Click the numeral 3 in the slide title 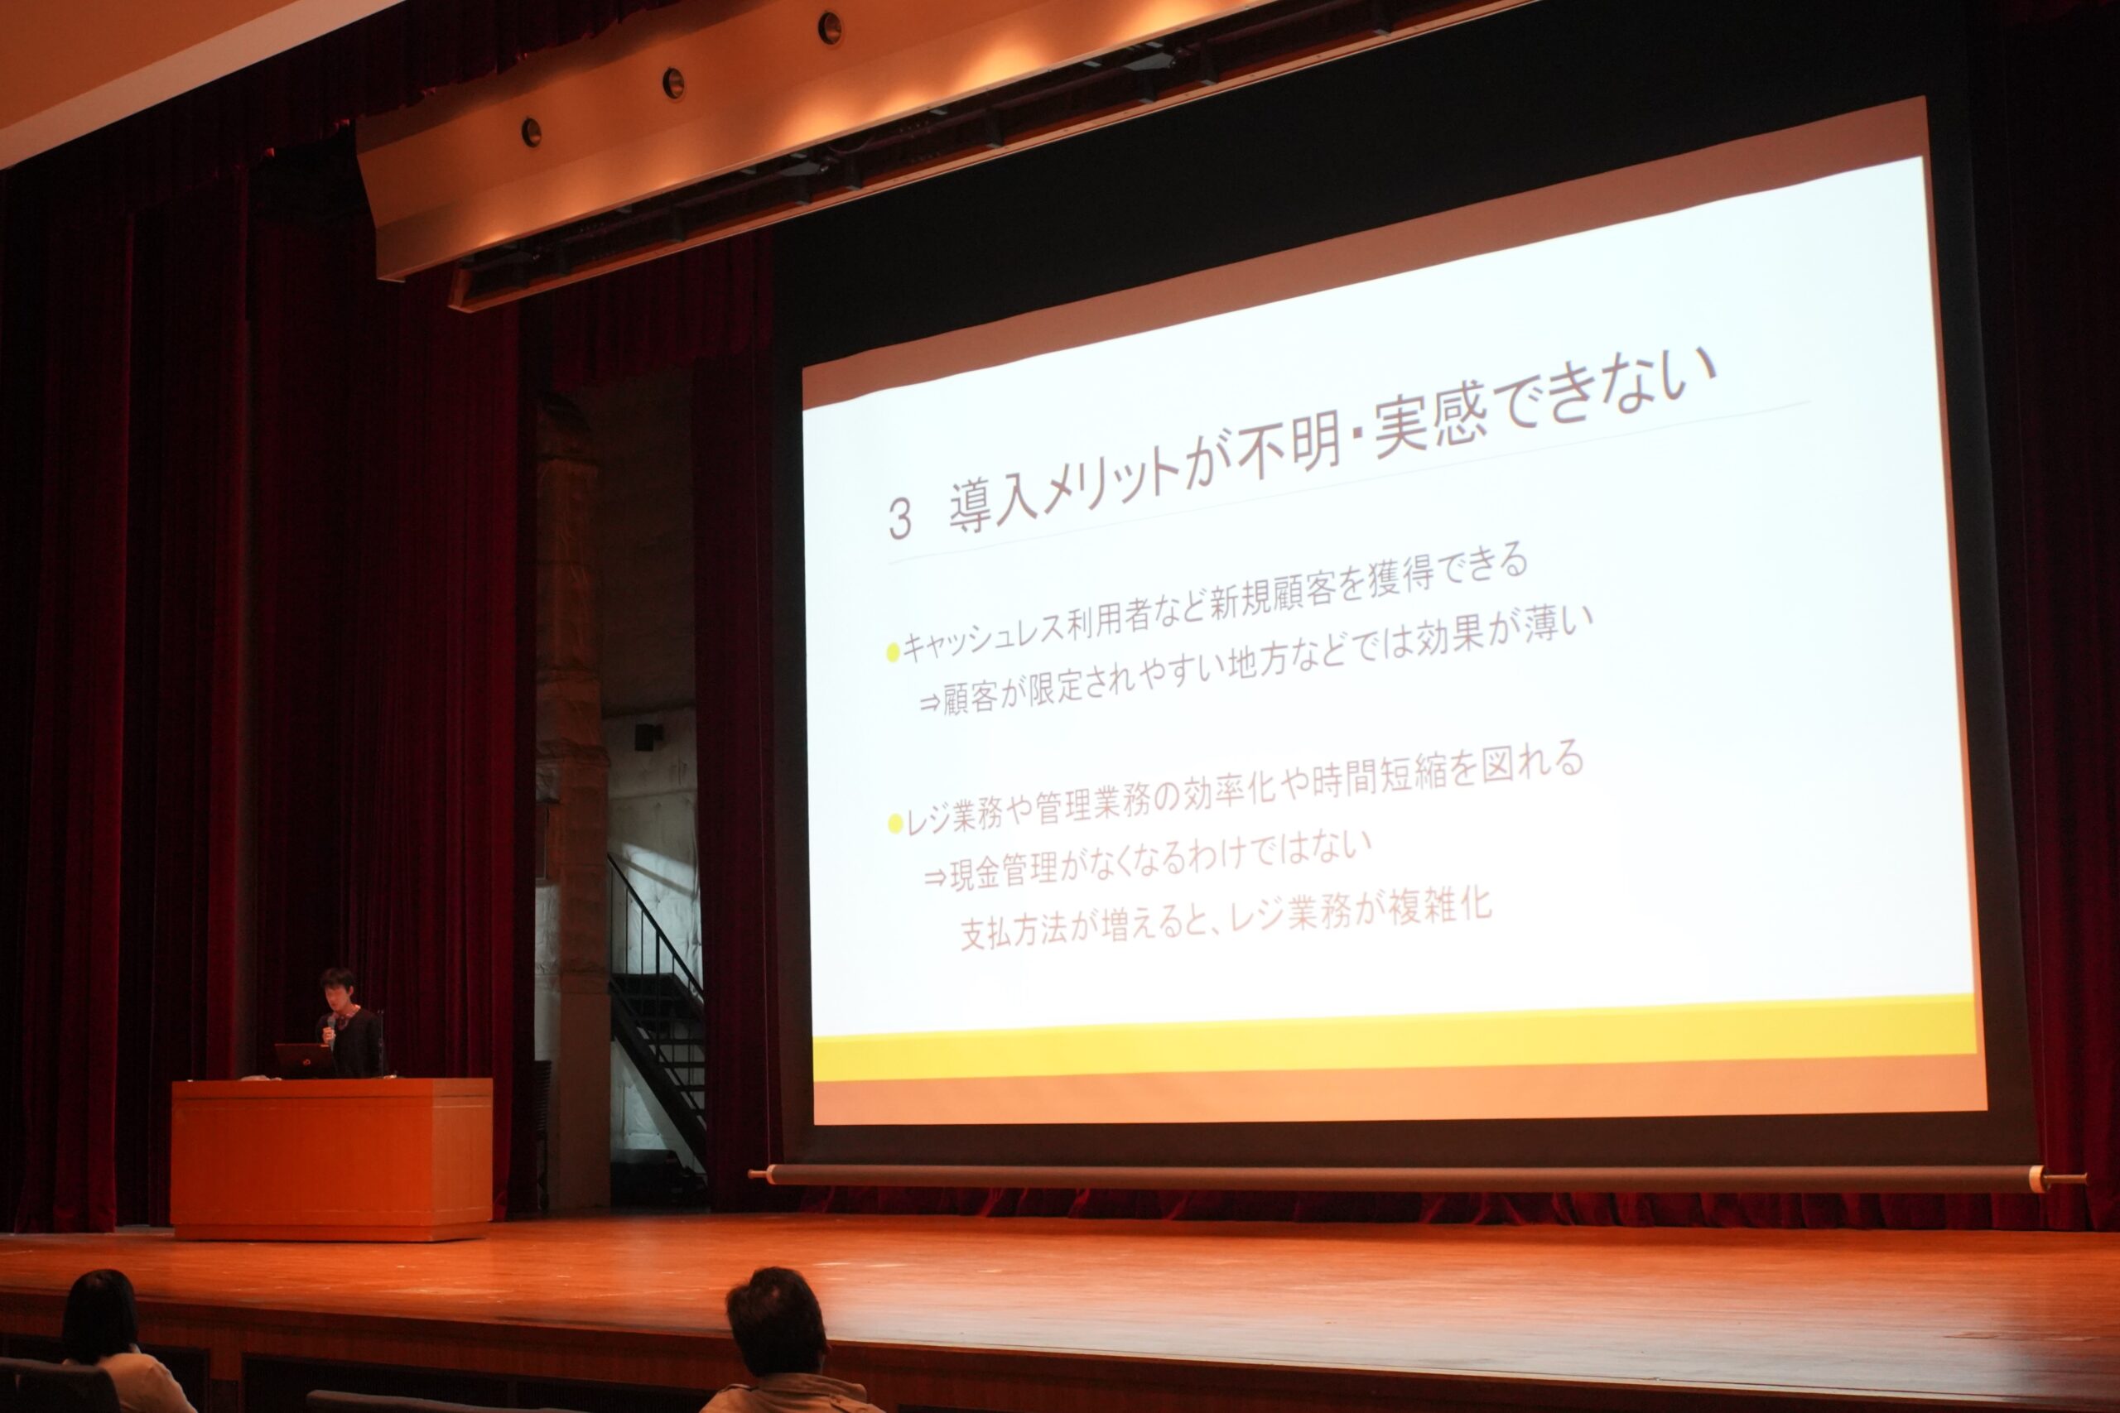pyautogui.click(x=900, y=519)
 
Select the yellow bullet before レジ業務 pyautogui.click(x=895, y=823)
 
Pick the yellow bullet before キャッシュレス pyautogui.click(x=894, y=651)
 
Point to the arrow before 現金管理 pyautogui.click(x=935, y=876)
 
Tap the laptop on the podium pyautogui.click(x=304, y=1060)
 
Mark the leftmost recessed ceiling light pyautogui.click(x=531, y=132)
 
